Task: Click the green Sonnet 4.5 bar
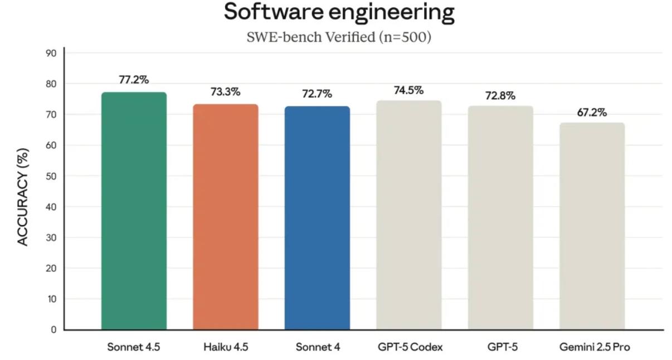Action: click(134, 212)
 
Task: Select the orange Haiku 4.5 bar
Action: click(226, 217)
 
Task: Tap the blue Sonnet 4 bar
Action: click(317, 218)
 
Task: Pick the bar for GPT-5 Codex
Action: click(409, 216)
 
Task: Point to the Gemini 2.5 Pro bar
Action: click(592, 227)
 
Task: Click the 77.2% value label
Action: click(134, 80)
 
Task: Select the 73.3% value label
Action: click(225, 92)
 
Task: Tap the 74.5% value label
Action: click(408, 90)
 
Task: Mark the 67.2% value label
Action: click(592, 113)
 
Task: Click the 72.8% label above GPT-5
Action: click(500, 96)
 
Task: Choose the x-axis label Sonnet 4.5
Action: click(134, 347)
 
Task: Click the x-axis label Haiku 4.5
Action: click(226, 347)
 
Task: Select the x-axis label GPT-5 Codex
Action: click(409, 347)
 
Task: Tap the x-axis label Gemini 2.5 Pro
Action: click(595, 347)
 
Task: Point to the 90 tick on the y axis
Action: click(51, 53)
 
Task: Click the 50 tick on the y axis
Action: click(51, 176)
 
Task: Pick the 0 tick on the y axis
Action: click(53, 329)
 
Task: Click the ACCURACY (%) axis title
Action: click(23, 197)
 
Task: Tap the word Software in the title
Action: click(273, 12)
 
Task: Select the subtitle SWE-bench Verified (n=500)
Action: click(339, 37)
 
